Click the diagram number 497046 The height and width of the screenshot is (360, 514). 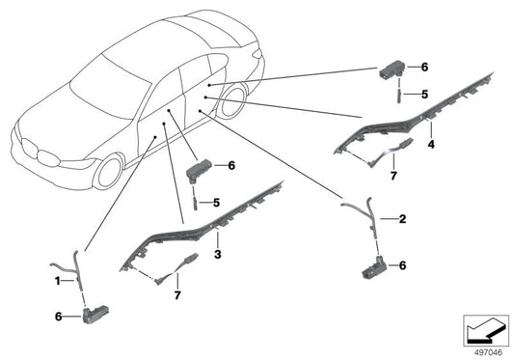tap(488, 353)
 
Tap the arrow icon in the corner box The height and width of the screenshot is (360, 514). tap(485, 331)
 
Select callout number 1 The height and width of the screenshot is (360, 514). tap(57, 281)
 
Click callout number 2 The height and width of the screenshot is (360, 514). tap(402, 219)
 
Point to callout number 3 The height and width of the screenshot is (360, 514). tap(218, 254)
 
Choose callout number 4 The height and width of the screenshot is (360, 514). tap(431, 144)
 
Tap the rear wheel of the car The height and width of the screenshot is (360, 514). tap(232, 101)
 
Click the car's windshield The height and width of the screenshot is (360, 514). tap(110, 87)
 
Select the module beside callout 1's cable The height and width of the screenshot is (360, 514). tap(95, 314)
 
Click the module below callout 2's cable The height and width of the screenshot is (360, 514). tap(375, 267)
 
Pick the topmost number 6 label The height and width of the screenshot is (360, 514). tap(424, 68)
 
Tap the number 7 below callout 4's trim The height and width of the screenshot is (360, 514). tap(393, 176)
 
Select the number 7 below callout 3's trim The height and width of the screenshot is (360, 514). tap(177, 295)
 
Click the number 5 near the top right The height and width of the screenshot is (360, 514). tap(424, 95)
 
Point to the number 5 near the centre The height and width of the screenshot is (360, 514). tap(216, 203)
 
